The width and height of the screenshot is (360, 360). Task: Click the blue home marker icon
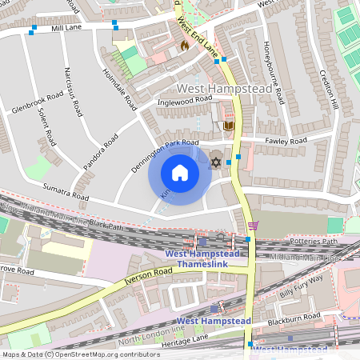coord(180,173)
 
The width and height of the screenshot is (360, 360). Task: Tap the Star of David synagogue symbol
coord(214,162)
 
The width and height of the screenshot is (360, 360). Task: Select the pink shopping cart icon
coord(254,226)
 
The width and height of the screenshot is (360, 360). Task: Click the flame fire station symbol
coord(184,46)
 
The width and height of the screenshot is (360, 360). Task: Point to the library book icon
coord(228,126)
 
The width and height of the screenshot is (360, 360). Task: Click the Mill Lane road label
coord(67,27)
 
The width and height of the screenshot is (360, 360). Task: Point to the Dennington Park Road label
coord(164,153)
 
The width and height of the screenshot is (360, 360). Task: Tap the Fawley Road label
coord(286,141)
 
